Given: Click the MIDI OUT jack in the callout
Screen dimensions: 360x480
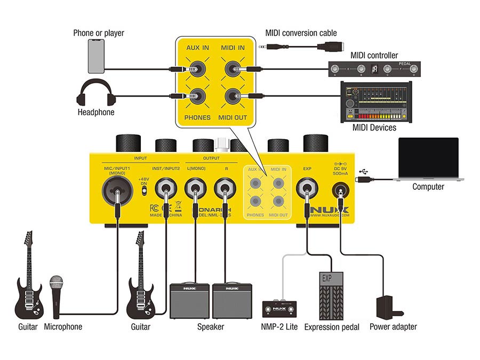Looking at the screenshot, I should coord(232,97).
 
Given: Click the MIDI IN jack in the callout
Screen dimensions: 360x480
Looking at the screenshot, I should coord(232,69).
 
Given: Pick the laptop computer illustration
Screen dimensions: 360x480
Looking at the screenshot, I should coord(428,159).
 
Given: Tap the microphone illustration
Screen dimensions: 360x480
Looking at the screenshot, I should coord(56,296).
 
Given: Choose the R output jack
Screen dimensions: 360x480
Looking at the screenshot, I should coord(225,189).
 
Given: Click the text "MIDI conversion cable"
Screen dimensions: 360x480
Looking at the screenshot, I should coord(301,33).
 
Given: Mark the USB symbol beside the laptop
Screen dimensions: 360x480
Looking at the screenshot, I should coord(364,171).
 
